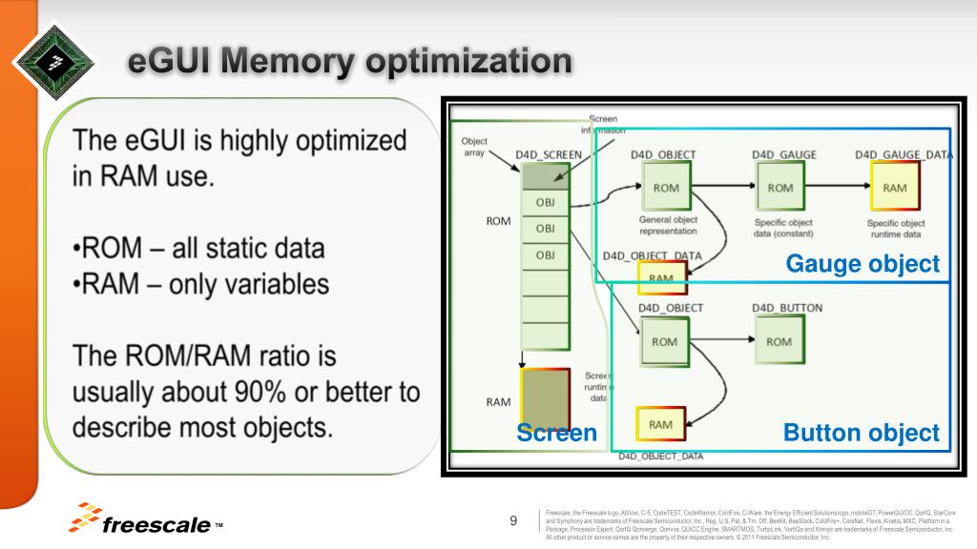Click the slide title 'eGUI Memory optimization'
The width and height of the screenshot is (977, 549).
tap(351, 62)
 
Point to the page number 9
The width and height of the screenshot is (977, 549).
tap(513, 520)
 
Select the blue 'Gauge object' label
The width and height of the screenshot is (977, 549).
tap(862, 264)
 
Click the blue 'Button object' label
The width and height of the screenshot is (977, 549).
tap(861, 433)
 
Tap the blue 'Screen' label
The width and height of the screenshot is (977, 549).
tap(556, 433)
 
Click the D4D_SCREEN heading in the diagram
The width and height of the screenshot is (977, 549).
tap(549, 154)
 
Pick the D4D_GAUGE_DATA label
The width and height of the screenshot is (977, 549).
tap(904, 154)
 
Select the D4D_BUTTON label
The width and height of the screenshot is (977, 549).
tap(786, 308)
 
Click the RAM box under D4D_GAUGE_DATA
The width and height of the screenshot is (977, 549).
tap(895, 188)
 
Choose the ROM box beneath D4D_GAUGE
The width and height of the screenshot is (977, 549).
tap(780, 188)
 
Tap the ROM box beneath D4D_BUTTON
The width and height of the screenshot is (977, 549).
tap(779, 341)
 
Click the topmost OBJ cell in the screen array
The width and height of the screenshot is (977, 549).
tap(545, 202)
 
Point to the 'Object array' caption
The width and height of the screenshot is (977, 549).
tap(474, 147)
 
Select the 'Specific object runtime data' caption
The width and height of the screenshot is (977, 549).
tap(895, 228)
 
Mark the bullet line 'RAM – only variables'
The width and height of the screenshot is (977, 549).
tap(201, 284)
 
